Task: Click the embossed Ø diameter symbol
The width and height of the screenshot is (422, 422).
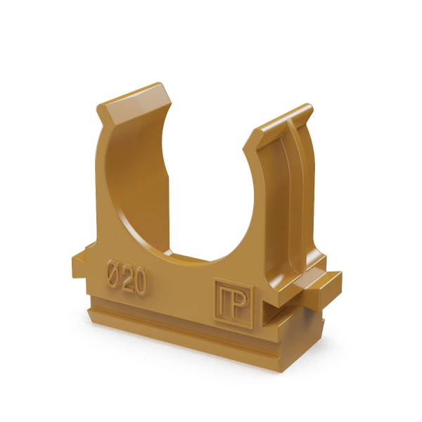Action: [x=113, y=274]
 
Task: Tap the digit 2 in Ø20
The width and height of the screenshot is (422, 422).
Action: [x=128, y=278]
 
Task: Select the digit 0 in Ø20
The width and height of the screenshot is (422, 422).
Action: [x=141, y=282]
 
